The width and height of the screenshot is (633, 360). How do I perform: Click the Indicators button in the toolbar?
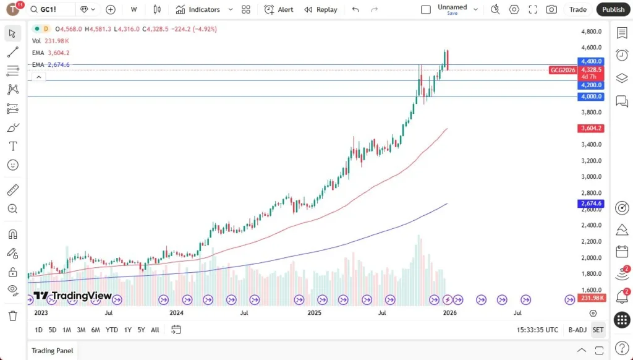pos(198,9)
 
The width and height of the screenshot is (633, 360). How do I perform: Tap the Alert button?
pos(279,9)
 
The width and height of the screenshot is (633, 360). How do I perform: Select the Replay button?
pos(321,9)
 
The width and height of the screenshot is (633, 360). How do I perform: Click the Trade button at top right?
pos(578,9)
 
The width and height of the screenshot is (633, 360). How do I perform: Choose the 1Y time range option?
pos(127,330)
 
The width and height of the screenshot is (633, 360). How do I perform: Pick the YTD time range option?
pos(111,330)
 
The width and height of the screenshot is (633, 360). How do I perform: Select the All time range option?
pos(155,330)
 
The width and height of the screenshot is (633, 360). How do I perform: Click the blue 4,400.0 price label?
pos(591,61)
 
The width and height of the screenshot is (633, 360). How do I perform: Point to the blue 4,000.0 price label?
pos(591,96)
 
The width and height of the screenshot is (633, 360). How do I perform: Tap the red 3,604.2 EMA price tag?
pos(591,129)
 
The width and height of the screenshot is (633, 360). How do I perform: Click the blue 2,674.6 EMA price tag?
pos(591,204)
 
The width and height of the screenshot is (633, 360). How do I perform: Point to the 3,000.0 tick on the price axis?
pos(592,176)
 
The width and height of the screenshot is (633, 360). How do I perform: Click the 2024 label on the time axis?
pos(176,313)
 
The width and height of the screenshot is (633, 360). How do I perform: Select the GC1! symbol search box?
pos(51,9)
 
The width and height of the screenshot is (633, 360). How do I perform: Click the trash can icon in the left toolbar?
pos(13,315)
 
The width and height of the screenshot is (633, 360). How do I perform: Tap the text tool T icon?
pos(13,146)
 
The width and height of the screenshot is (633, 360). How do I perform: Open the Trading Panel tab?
pos(53,350)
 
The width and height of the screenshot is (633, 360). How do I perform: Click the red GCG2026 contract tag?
pos(563,71)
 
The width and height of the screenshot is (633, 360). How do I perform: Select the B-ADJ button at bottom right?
pos(577,330)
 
